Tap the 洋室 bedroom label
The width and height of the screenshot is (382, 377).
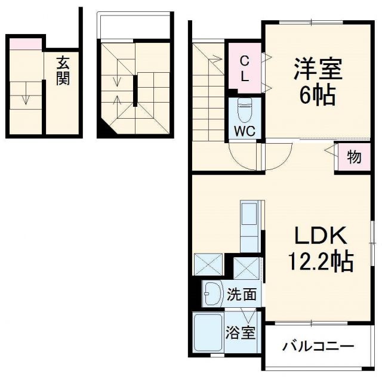click(317, 69)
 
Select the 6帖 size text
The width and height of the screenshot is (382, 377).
click(316, 95)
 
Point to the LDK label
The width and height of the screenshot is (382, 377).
click(320, 236)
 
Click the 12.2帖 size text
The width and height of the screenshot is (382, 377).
click(321, 261)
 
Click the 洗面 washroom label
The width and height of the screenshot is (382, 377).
click(242, 293)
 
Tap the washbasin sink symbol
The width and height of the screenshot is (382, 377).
click(212, 293)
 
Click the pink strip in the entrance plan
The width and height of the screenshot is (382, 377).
click(24, 42)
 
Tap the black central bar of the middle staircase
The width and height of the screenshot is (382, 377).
click(135, 89)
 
